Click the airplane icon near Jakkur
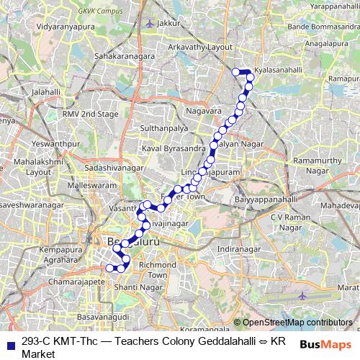pos(149,23)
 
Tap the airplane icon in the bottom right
pos(303,294)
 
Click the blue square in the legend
pos(9,343)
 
